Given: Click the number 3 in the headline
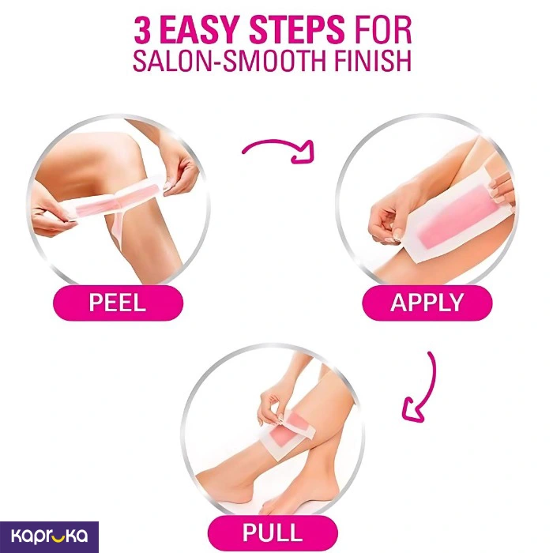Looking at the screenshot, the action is point(143,30).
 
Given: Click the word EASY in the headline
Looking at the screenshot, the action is point(201,30).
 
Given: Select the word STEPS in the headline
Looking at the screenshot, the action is point(296,30).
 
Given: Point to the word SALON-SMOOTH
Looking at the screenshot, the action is point(229,62).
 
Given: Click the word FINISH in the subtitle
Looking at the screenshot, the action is point(372,62).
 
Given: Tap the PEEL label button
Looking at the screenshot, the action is point(118,303).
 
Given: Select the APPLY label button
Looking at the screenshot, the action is point(427,303).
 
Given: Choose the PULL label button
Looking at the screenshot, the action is point(273,532).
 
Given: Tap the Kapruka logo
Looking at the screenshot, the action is point(49,536).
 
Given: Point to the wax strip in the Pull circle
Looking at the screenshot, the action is point(287,433).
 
